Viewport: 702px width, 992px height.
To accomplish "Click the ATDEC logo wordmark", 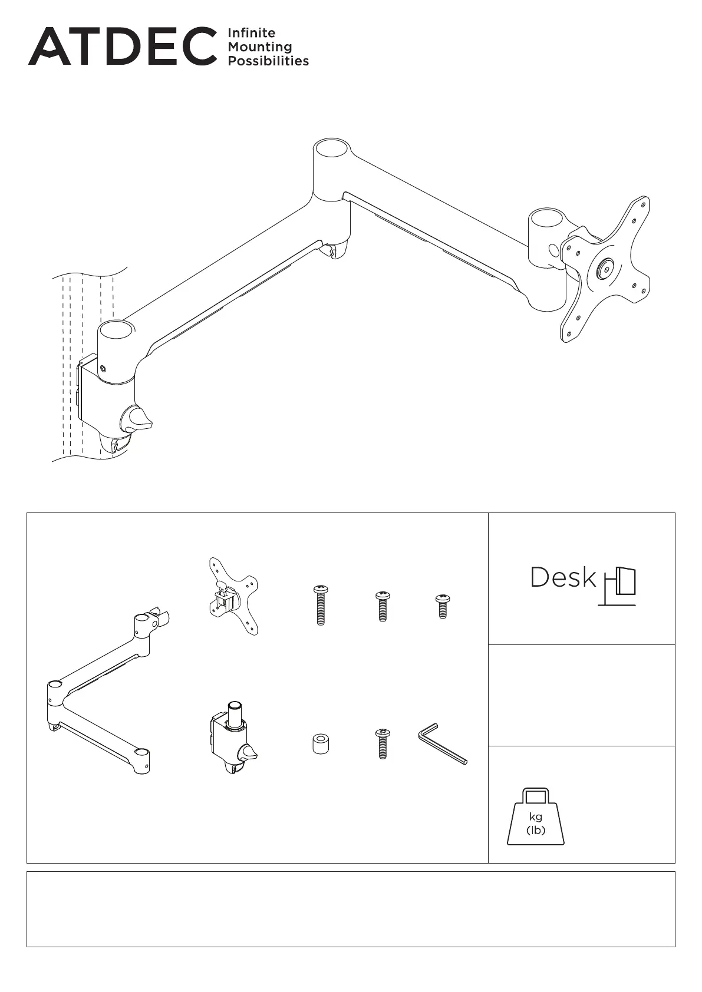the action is [x=122, y=46].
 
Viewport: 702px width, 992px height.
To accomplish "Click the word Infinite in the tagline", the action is [x=251, y=33].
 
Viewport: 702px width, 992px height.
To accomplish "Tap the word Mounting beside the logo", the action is [x=259, y=47].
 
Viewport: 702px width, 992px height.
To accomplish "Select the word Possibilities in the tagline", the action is [x=268, y=61].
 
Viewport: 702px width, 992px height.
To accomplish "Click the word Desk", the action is [x=563, y=577].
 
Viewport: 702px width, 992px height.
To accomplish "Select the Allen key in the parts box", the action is [x=443, y=743].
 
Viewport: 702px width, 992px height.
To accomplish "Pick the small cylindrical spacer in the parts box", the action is [x=320, y=743].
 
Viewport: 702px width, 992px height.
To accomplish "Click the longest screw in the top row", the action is [x=321, y=605].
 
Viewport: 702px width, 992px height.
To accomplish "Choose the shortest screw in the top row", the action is [x=443, y=606].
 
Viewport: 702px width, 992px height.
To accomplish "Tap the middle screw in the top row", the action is [x=383, y=606].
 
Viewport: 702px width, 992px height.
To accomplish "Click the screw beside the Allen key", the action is [x=383, y=743].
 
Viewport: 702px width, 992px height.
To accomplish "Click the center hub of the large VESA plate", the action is [x=605, y=270].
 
